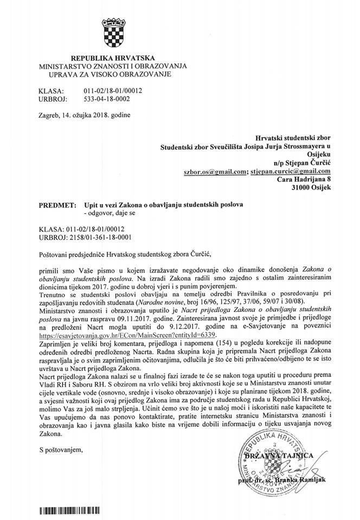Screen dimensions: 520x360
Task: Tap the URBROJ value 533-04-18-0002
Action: [x=107, y=100]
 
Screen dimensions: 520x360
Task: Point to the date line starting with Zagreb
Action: [x=84, y=115]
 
